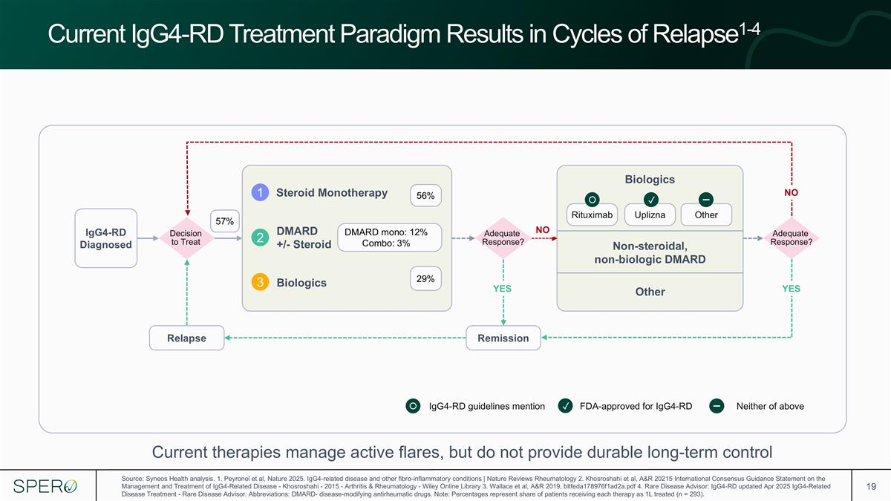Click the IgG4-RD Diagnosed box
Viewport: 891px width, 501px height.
tap(105, 238)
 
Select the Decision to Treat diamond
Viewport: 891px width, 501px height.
tap(186, 238)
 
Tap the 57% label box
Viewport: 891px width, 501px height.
tap(225, 221)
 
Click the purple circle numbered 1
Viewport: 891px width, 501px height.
tap(260, 192)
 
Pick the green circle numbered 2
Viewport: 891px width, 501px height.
tap(260, 238)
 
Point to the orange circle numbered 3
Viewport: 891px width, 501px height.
tap(260, 282)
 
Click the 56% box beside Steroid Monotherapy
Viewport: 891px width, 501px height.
tap(425, 196)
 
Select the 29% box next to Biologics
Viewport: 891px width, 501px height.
tap(425, 279)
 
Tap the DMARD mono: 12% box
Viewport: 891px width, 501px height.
tap(389, 238)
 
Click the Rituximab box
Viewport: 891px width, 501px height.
tap(592, 215)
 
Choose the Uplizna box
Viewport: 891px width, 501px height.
tap(650, 215)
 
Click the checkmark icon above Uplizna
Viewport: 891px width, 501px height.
tap(650, 200)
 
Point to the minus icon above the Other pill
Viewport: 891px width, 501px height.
tap(706, 200)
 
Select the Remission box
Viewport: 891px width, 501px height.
tap(503, 338)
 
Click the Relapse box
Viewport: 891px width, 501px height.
tap(186, 338)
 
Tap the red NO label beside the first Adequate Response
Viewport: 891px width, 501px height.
tap(543, 230)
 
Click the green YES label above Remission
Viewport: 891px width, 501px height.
tap(503, 289)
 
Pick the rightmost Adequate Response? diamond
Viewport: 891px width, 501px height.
tap(792, 238)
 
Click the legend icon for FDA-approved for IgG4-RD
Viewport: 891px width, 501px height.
tap(565, 406)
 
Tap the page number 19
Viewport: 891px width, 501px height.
tap(871, 486)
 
